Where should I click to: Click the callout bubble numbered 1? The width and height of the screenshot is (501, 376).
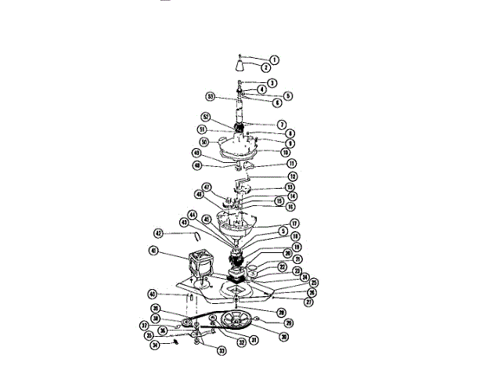click(274, 60)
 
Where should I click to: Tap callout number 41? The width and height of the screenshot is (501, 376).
click(153, 251)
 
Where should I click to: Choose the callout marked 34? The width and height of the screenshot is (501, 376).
click(155, 345)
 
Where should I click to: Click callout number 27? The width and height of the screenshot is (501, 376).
click(288, 301)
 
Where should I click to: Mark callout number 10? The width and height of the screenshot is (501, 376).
click(287, 153)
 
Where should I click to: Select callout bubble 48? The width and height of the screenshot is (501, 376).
click(196, 165)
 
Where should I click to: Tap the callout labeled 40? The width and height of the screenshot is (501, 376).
click(154, 294)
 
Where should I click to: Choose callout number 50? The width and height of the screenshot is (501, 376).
click(203, 142)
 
